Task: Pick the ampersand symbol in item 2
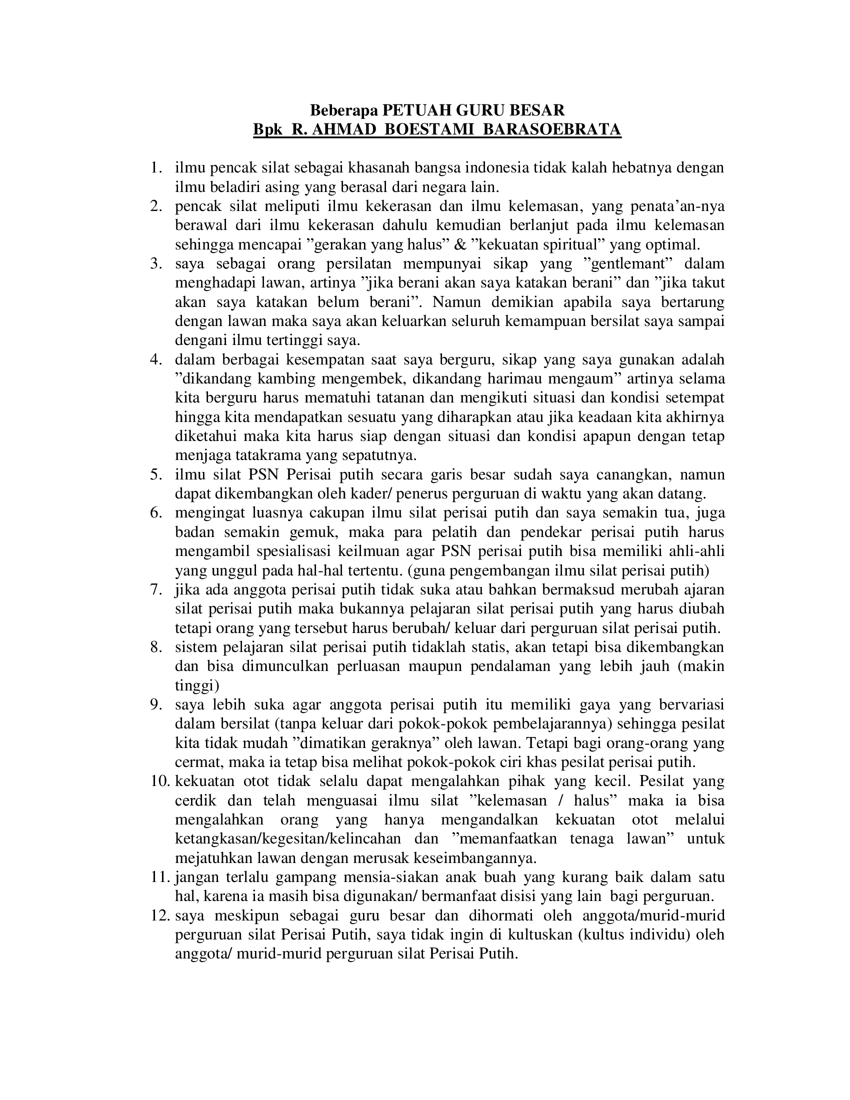pyautogui.click(x=461, y=245)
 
